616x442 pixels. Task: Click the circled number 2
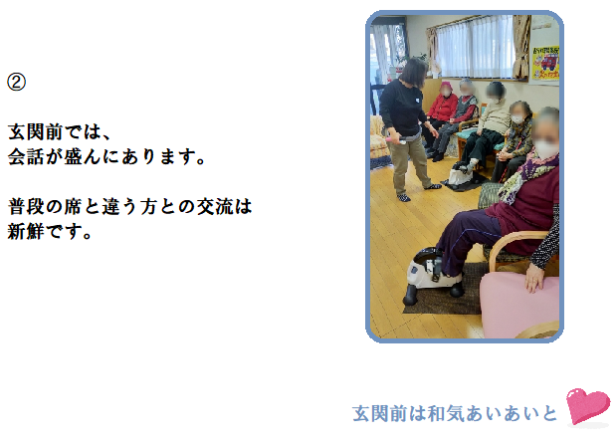(17, 82)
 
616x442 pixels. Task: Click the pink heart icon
(588, 406)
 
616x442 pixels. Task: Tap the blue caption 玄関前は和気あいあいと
(455, 413)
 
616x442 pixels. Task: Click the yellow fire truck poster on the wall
(545, 63)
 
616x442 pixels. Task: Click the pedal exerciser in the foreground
(432, 276)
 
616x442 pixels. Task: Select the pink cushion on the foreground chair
(518, 305)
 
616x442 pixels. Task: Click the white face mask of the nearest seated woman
(546, 149)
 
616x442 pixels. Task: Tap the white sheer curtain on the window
(475, 46)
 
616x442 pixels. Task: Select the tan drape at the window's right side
(521, 47)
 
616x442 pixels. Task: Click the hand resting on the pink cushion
(534, 278)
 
